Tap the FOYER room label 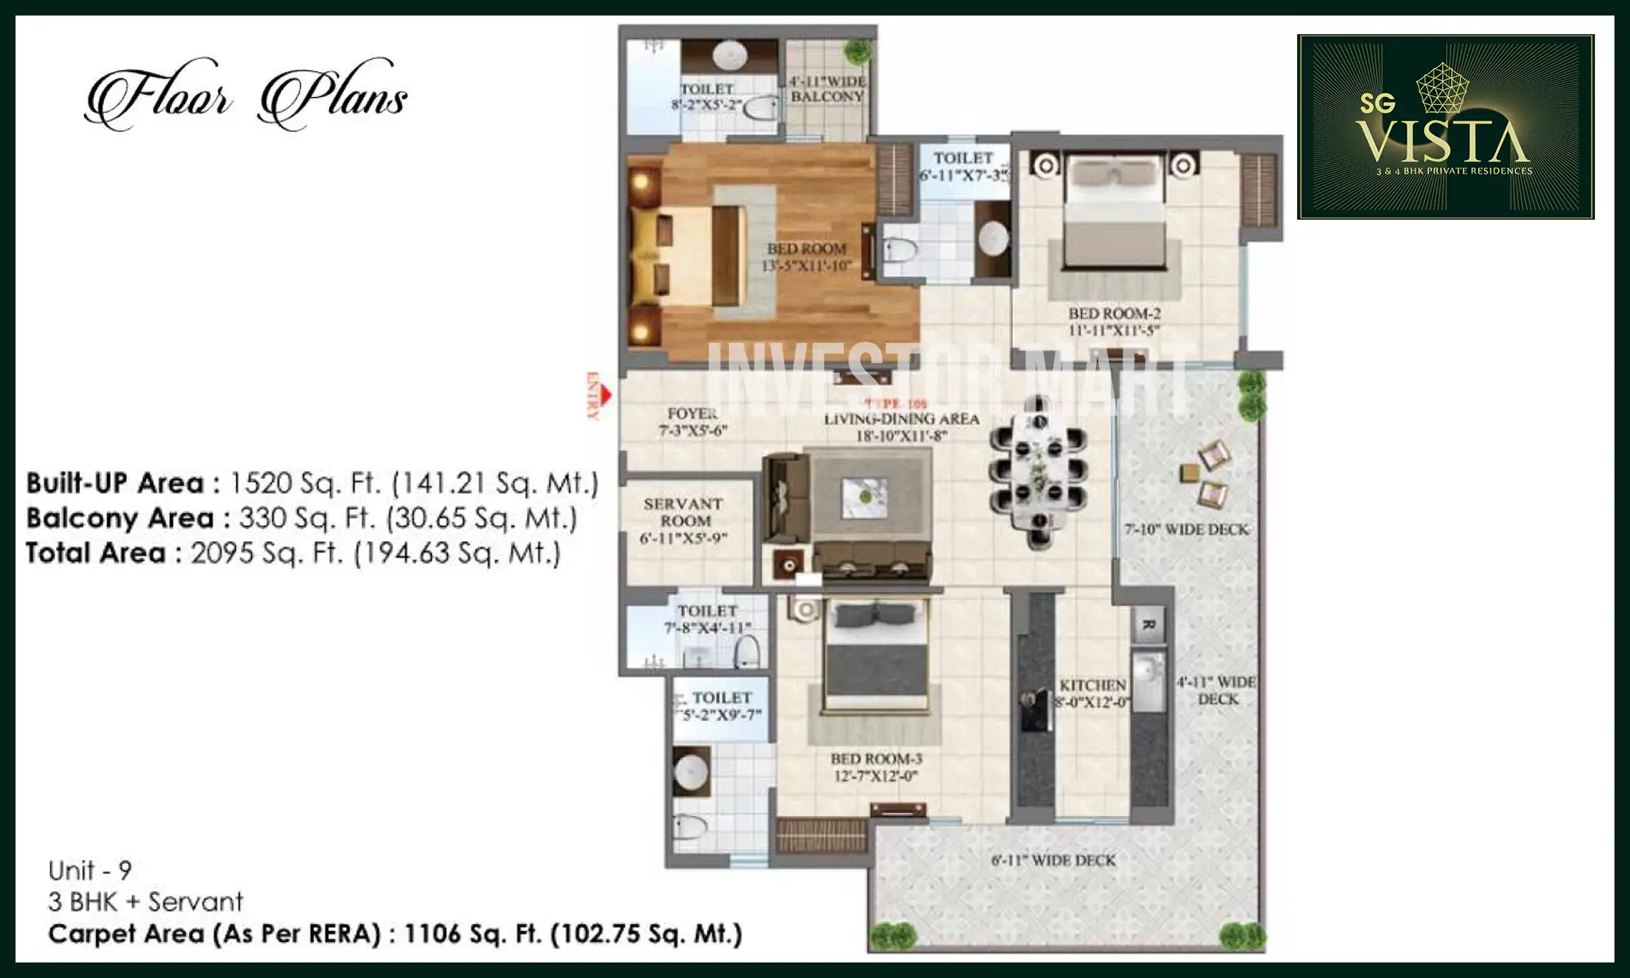[692, 421]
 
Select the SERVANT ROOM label [683, 521]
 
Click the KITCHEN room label [1093, 694]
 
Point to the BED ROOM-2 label [1114, 321]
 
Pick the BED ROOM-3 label [876, 767]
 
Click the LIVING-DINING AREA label [901, 427]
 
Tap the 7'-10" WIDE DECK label [1187, 529]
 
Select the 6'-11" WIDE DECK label [1053, 860]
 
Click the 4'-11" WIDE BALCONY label [827, 88]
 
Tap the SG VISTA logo [1444, 127]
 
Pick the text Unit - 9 [90, 870]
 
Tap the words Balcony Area [120, 518]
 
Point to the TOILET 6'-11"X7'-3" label [963, 166]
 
